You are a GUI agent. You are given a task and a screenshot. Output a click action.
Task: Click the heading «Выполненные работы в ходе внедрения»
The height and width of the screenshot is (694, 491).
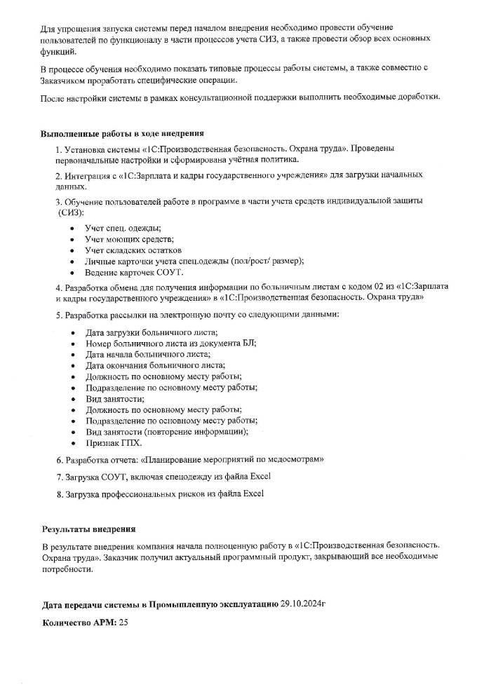pyautogui.click(x=123, y=133)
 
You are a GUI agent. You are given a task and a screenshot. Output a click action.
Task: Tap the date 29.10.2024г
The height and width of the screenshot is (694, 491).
pyautogui.click(x=304, y=603)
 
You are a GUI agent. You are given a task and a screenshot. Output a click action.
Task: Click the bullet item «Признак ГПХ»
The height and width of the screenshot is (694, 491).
pyautogui.click(x=114, y=443)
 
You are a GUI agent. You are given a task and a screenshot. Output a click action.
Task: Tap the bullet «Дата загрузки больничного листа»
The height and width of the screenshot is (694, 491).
pyautogui.click(x=152, y=332)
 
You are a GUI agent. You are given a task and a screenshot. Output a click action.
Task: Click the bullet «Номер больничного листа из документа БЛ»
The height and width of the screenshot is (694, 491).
pyautogui.click(x=170, y=343)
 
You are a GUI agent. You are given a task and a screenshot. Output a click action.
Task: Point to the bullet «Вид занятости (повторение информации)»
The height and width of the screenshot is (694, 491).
pyautogui.click(x=167, y=432)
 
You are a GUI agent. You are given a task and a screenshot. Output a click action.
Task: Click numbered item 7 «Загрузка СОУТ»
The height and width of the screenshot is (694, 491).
pyautogui.click(x=163, y=477)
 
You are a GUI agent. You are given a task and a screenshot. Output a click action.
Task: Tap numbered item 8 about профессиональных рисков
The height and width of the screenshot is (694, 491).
pyautogui.click(x=159, y=494)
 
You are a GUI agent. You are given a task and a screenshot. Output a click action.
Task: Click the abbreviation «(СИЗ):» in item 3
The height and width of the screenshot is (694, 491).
pyautogui.click(x=70, y=212)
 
